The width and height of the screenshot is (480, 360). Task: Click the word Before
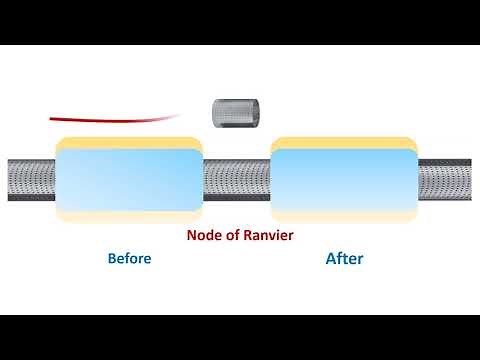point(129,259)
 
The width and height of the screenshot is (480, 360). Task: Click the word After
point(344,259)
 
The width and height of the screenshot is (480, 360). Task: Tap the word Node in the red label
point(203,236)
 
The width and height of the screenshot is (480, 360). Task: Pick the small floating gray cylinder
point(236,113)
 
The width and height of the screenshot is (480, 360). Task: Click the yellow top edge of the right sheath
point(343,142)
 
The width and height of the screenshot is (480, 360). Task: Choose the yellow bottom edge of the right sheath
point(343,215)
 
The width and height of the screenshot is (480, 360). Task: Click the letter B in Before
point(111,259)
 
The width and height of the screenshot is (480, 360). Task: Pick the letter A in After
point(331,259)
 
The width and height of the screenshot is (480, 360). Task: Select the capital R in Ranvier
point(245,236)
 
